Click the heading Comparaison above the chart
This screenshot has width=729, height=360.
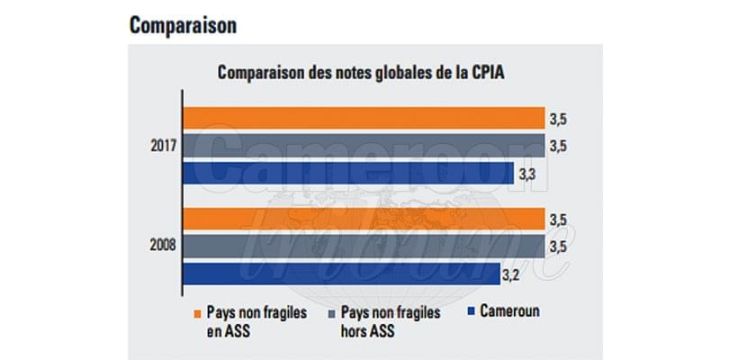183,25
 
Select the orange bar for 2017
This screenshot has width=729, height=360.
364,119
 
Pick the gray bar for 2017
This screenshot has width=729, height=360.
364,146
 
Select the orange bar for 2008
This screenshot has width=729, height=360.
364,219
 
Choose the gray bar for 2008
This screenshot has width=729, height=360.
364,246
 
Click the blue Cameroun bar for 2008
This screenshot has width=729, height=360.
342,272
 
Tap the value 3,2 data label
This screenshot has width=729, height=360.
514,273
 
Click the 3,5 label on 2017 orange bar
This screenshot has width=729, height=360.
559,119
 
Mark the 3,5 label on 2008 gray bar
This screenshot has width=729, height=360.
559,247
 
